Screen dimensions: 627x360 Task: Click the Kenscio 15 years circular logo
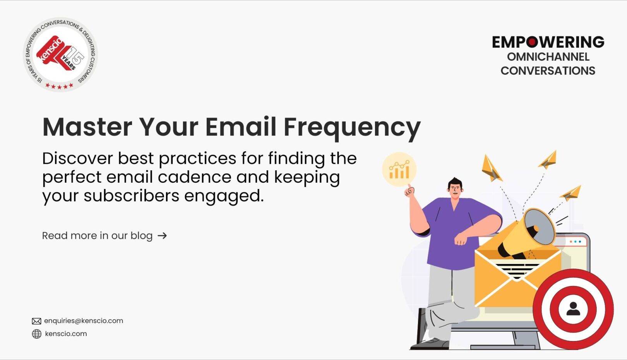[60, 55]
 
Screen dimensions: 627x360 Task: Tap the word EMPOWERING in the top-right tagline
[548, 42]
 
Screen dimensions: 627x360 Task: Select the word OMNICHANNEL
[548, 57]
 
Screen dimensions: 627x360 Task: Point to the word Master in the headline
[87, 127]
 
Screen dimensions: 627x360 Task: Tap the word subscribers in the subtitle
[132, 195]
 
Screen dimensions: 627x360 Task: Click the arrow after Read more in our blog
[162, 236]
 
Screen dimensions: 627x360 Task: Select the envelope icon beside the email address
[36, 321]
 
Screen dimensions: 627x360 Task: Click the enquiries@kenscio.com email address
[84, 321]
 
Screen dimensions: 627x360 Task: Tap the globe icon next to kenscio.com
[37, 334]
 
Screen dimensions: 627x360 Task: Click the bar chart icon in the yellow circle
[399, 170]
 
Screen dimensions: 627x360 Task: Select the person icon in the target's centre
[573, 309]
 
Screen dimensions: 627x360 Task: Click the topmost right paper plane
[548, 160]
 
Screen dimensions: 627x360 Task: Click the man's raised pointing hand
[409, 192]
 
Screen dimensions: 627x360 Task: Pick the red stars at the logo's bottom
[59, 86]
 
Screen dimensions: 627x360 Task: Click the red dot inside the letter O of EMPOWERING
[533, 42]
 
